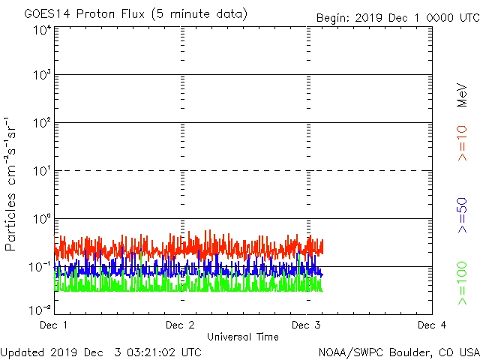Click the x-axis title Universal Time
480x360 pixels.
click(243, 337)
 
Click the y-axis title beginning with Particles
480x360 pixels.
click(11, 184)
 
